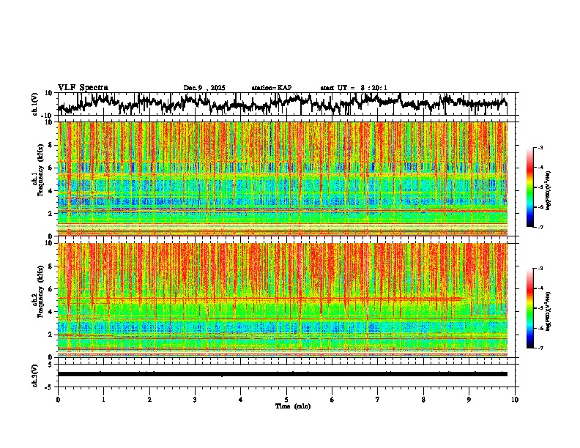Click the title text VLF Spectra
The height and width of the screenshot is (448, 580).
(x=83, y=87)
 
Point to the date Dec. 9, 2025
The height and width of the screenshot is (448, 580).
(x=204, y=88)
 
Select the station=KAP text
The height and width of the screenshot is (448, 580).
(x=272, y=88)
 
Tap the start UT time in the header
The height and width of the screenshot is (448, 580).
(x=354, y=88)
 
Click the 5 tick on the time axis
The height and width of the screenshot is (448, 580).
(x=286, y=399)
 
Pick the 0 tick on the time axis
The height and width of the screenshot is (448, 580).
(x=58, y=399)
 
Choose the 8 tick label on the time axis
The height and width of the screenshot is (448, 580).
(x=423, y=399)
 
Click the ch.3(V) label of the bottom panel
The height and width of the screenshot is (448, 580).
(x=35, y=374)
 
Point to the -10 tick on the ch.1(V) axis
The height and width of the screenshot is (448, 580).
(x=47, y=115)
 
